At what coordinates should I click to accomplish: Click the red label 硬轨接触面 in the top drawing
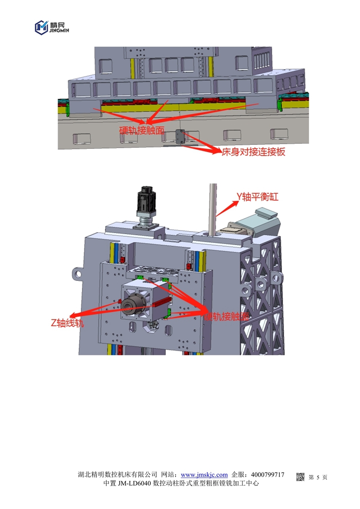[142, 131]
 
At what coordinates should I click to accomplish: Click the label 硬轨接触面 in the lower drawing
[226, 317]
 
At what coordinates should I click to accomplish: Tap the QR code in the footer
[301, 477]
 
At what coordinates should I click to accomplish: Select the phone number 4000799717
[268, 475]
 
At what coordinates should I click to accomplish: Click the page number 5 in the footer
[318, 477]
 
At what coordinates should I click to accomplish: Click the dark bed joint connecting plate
[180, 137]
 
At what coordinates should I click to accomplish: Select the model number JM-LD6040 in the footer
[134, 484]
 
